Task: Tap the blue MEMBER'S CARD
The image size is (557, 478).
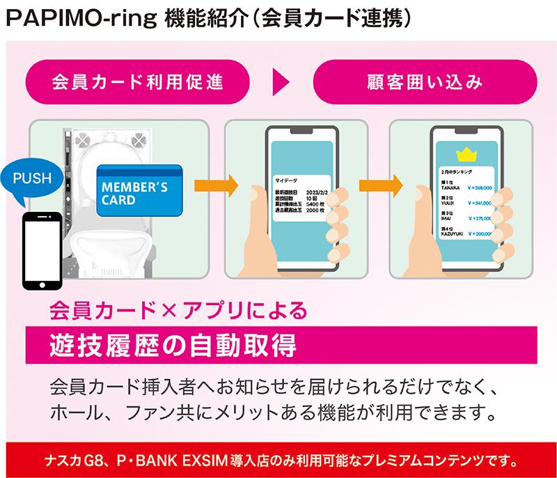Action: click(139, 189)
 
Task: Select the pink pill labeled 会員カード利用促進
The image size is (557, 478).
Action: click(137, 82)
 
